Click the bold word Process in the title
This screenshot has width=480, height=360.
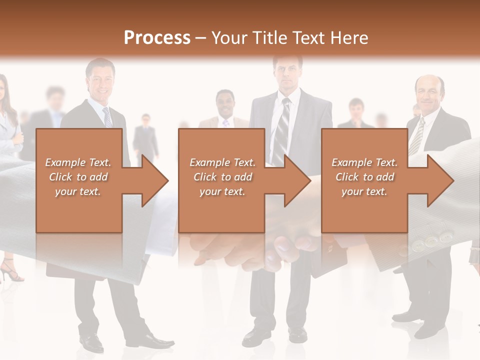[x=157, y=37]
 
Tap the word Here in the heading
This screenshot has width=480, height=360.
[x=350, y=38]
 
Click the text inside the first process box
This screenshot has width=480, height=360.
[x=78, y=176]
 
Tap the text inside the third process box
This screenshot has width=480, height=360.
[x=364, y=176]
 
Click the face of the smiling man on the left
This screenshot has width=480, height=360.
[x=100, y=80]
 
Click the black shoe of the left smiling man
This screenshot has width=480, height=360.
[x=91, y=342]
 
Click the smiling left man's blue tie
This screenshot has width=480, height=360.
[x=107, y=118]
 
